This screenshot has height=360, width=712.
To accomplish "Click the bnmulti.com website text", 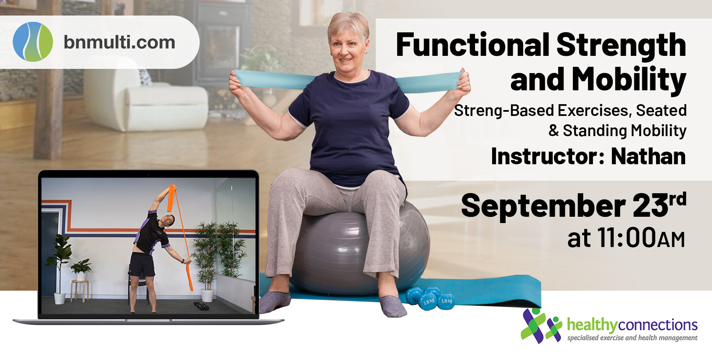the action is coord(119,42).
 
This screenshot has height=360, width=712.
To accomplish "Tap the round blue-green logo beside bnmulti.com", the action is coord(33,42).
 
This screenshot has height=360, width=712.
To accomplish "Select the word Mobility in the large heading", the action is coord(629,79).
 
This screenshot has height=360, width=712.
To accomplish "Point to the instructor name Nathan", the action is coord(649,156).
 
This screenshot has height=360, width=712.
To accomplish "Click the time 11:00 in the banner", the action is coord(626,237).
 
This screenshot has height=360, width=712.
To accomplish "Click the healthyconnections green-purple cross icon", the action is coord(541,326).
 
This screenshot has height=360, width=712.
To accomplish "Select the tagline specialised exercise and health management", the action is coord(633,338).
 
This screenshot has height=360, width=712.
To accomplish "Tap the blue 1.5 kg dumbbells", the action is coord(430,298).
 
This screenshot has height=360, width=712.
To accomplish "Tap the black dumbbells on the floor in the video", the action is coord(201,306).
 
